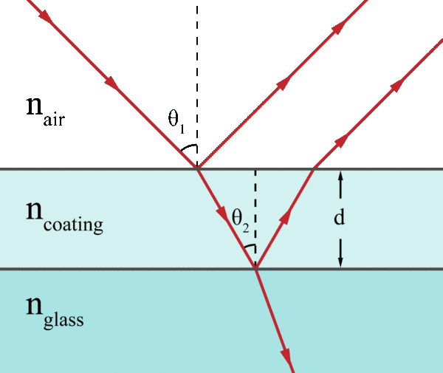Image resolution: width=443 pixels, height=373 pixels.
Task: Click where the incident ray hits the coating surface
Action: point(197,169)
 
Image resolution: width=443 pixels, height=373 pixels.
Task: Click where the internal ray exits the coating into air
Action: point(314,169)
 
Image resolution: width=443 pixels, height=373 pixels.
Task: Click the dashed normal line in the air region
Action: point(197,74)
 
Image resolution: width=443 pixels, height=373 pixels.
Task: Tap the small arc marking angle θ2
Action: point(250,248)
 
